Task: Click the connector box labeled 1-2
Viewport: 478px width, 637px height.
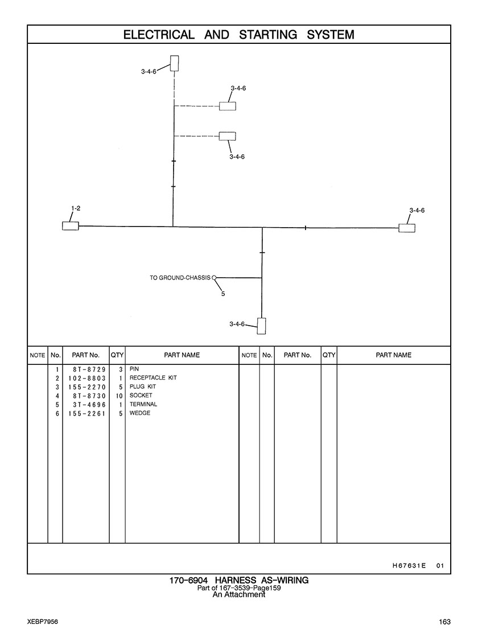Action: (x=70, y=226)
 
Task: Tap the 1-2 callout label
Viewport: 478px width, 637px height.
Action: (x=76, y=208)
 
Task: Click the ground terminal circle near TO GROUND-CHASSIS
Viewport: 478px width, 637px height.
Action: (x=214, y=278)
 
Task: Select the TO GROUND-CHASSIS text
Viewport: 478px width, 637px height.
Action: (x=180, y=278)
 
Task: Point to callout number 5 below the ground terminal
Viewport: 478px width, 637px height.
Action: (x=223, y=294)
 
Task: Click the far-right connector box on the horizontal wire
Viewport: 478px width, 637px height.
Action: (x=406, y=228)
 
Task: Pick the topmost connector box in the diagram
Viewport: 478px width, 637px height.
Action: (x=174, y=63)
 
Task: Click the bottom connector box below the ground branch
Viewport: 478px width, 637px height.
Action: (x=262, y=326)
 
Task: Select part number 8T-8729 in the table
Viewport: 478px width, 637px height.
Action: (x=89, y=369)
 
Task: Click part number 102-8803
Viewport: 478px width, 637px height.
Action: (x=87, y=378)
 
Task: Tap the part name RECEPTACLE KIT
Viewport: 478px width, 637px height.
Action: (x=153, y=378)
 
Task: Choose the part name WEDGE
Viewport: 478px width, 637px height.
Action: (x=140, y=413)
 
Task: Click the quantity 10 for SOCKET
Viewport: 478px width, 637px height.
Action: (x=119, y=396)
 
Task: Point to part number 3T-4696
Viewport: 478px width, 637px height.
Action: (x=89, y=405)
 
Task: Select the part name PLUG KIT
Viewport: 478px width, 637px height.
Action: (x=143, y=387)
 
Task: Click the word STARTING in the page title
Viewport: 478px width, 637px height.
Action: (x=268, y=35)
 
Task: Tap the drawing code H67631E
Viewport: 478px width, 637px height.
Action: (x=409, y=565)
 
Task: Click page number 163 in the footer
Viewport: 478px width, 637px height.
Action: (x=444, y=622)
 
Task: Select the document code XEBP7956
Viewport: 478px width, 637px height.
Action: (x=43, y=622)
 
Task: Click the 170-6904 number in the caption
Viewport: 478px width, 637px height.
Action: (x=188, y=580)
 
